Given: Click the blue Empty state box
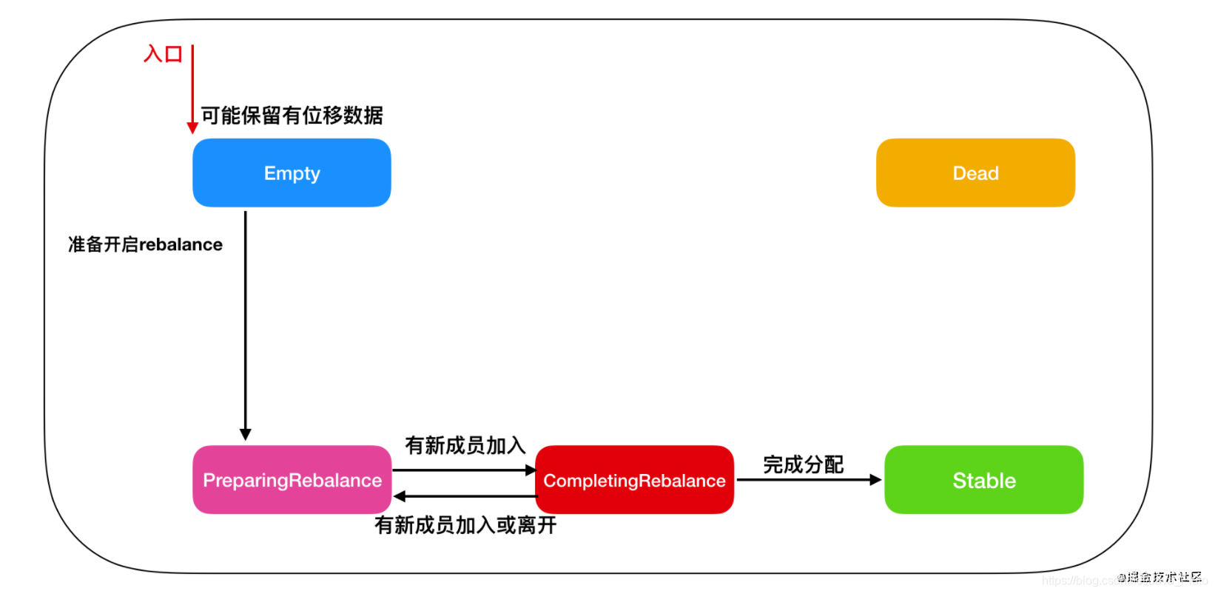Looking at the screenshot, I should (x=292, y=173).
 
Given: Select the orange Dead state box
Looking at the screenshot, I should (x=975, y=173).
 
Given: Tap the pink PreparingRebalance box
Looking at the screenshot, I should (x=292, y=480).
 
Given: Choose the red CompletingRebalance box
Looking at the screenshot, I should (x=634, y=480).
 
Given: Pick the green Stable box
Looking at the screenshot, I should (x=983, y=480).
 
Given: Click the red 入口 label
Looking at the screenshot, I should (x=163, y=54).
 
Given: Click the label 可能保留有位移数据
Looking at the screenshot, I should (x=292, y=116).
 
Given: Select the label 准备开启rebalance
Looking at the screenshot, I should (x=145, y=244).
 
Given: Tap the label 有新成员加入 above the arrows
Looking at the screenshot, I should (x=465, y=445).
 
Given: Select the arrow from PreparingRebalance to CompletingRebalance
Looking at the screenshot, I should (x=462, y=470).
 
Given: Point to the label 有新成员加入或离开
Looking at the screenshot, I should (x=465, y=525).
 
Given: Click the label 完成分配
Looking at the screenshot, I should (x=803, y=464).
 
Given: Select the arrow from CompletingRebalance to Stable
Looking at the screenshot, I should (x=807, y=480).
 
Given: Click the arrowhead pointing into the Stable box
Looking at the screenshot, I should (x=876, y=480).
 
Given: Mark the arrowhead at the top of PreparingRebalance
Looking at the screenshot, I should (x=246, y=434).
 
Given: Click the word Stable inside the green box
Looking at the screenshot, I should (x=983, y=481).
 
